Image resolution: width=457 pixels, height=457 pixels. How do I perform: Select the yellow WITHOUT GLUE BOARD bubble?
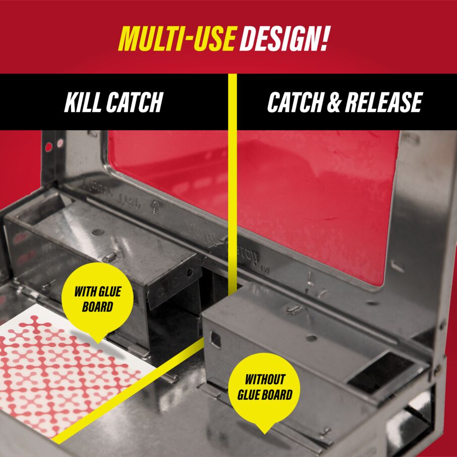pyautogui.click(x=264, y=387)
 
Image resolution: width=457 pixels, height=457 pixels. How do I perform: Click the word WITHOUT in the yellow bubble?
pyautogui.click(x=265, y=379)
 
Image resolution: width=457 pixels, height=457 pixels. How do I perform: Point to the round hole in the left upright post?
pyautogui.click(x=49, y=148)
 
